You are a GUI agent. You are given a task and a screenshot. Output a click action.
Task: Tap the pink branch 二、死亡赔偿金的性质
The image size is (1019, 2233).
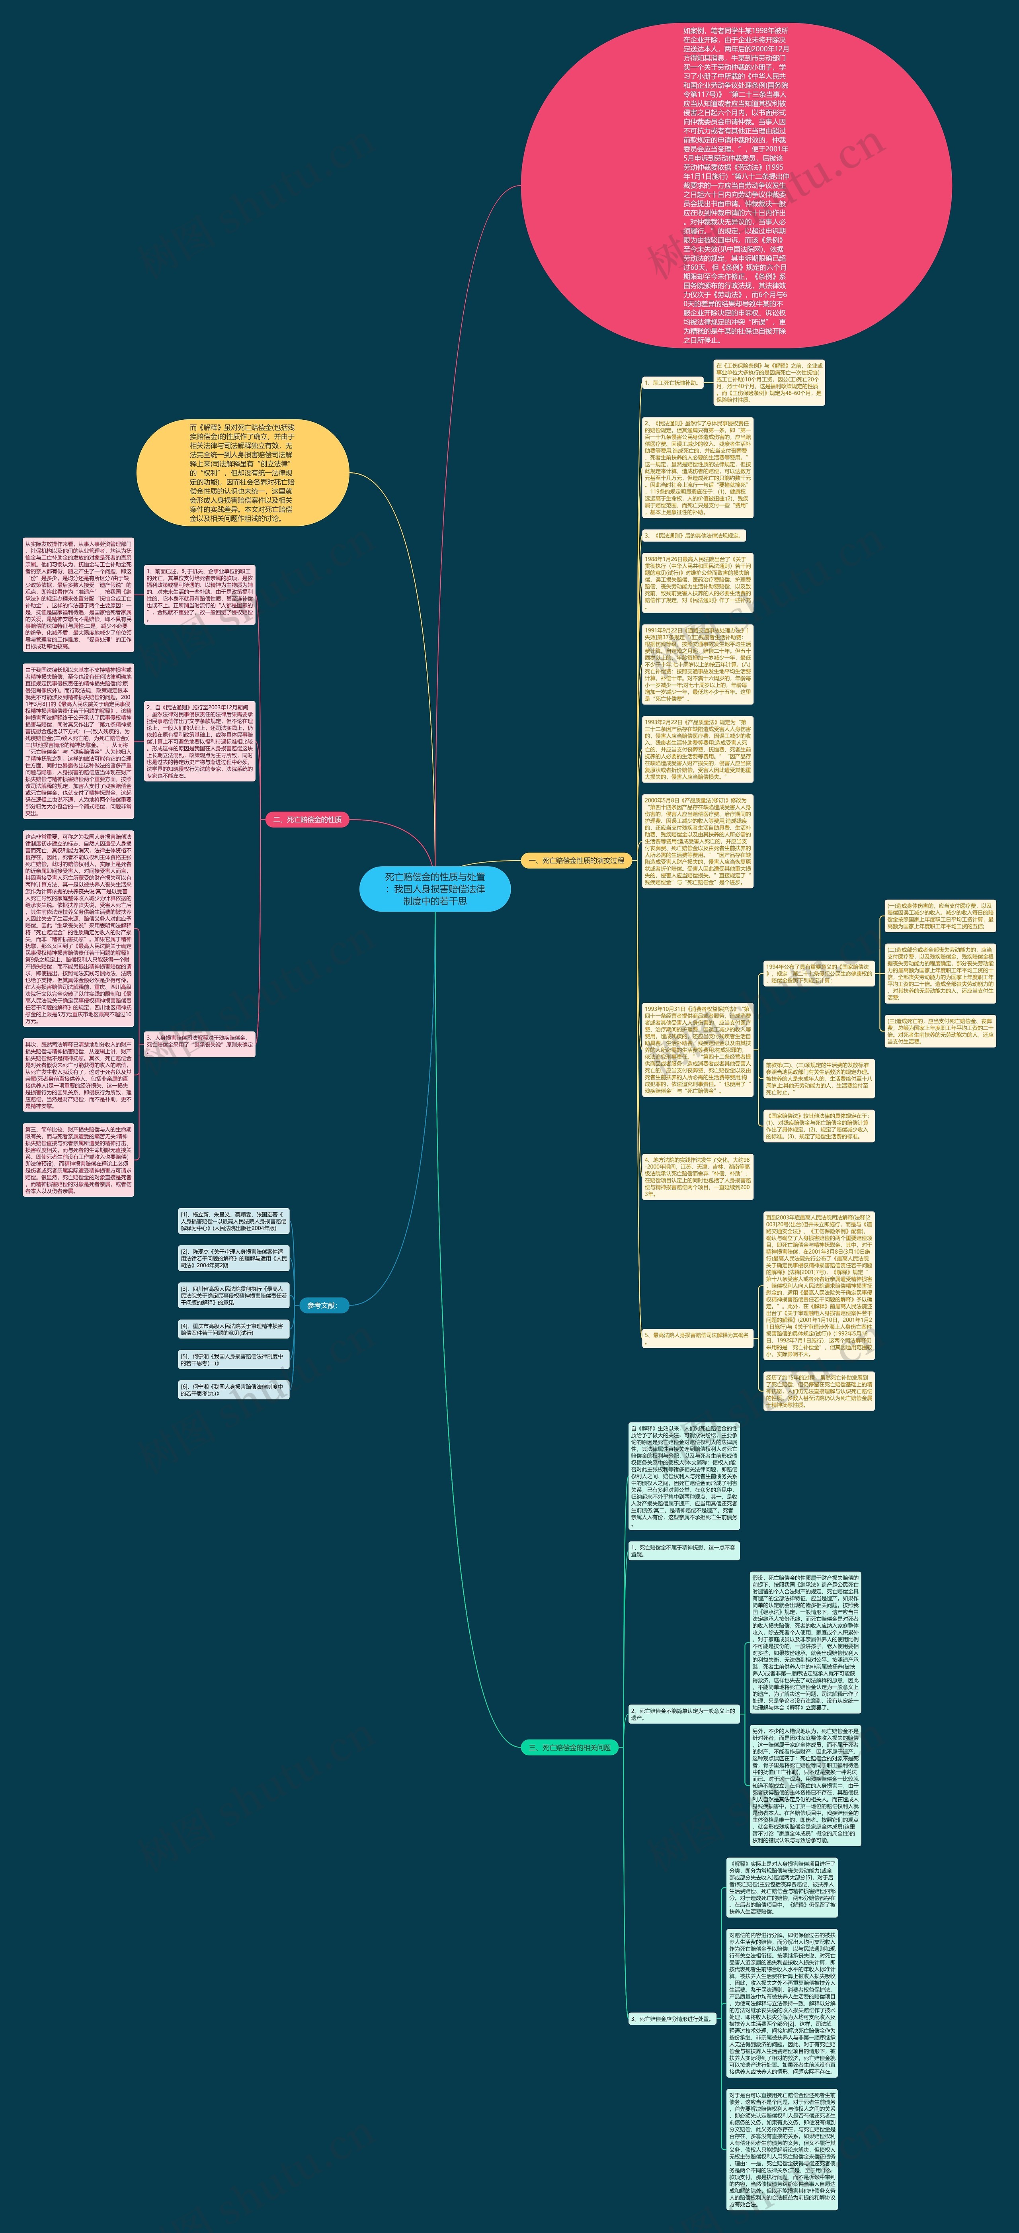pyautogui.click(x=307, y=819)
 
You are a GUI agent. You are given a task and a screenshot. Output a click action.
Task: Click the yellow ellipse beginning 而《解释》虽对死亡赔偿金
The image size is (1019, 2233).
pyautogui.click(x=243, y=472)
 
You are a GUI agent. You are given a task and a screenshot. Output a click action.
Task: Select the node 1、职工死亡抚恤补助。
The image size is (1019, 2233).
pyautogui.click(x=672, y=382)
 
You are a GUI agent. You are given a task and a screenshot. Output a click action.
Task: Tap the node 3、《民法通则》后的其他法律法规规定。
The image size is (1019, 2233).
pyautogui.click(x=693, y=536)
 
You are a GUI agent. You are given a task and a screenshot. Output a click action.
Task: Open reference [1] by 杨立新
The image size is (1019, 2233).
pyautogui.click(x=232, y=1221)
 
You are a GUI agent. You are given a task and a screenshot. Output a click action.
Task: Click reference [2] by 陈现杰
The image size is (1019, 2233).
pyautogui.click(x=232, y=1258)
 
